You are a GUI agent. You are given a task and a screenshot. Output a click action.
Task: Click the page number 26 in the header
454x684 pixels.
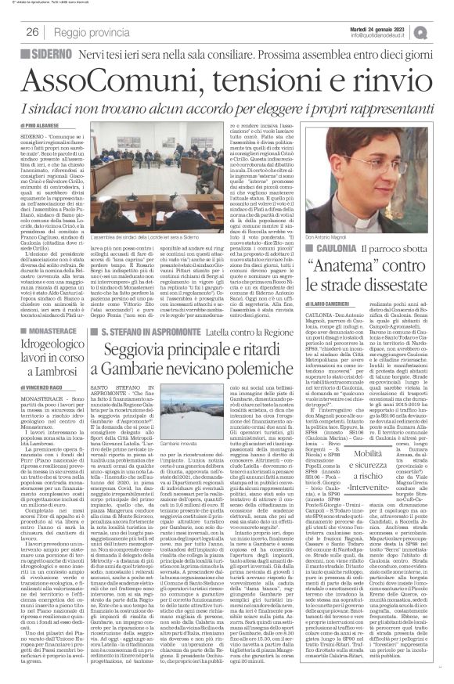pos(32,31)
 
